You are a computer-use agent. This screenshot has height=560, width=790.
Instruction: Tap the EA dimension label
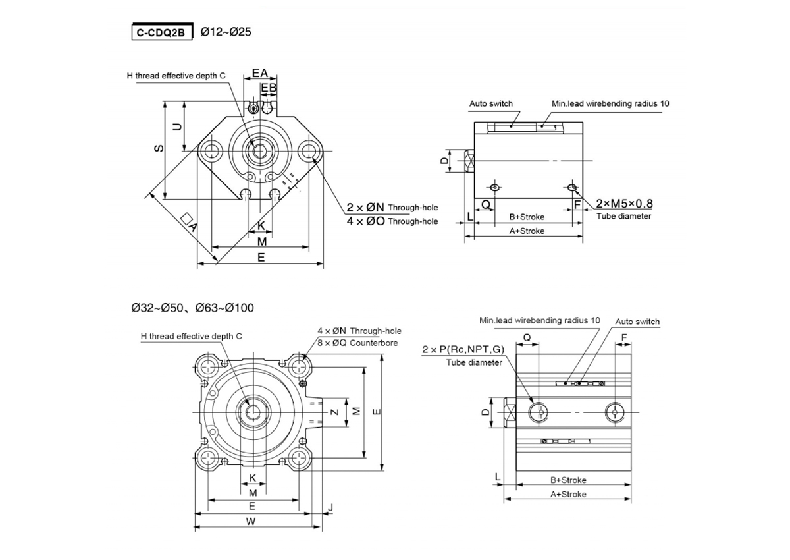point(260,73)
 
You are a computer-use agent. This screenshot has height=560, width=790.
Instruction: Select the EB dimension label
point(269,87)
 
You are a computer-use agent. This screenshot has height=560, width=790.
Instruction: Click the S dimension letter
point(159,149)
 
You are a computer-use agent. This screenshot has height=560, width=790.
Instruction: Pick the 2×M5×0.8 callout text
point(624,204)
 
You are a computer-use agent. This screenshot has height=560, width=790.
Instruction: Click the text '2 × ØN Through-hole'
point(392,208)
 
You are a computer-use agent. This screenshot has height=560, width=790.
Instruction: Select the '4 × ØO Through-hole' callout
point(392,221)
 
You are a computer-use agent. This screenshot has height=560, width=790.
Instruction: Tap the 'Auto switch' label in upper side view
point(490,104)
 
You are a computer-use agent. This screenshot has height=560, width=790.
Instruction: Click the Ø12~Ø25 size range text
point(225,31)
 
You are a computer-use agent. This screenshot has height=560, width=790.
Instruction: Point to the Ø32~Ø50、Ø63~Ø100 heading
point(192,308)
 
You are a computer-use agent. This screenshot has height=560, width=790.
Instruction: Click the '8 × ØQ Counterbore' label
point(359,343)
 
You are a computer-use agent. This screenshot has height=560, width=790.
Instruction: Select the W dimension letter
point(251,522)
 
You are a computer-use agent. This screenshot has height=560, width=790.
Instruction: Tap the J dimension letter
point(330,507)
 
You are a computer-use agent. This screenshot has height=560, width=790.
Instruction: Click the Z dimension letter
point(334,412)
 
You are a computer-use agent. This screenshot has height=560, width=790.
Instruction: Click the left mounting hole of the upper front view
point(213,152)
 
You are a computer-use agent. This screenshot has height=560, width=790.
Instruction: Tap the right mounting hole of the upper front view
point(309,152)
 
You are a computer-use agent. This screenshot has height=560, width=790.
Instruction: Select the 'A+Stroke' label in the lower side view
point(567,494)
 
